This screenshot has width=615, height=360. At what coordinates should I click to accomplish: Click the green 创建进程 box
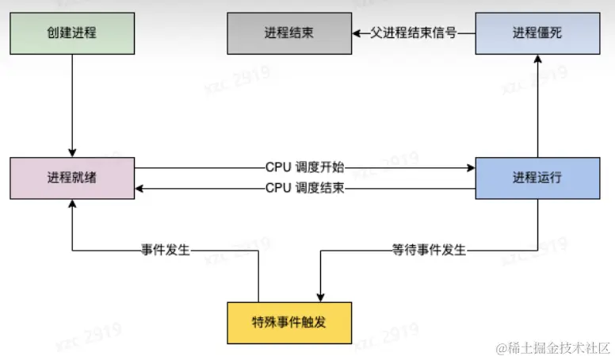click(x=72, y=33)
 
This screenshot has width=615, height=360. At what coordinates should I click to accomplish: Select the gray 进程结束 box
click(x=288, y=33)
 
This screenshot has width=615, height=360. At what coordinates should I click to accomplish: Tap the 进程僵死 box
click(x=537, y=33)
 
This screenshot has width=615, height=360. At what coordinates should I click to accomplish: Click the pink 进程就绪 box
click(x=72, y=178)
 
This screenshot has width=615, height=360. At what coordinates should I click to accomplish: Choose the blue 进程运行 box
click(x=537, y=178)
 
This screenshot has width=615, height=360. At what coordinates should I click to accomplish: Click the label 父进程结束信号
click(x=412, y=33)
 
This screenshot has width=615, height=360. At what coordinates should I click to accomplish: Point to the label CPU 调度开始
click(x=304, y=167)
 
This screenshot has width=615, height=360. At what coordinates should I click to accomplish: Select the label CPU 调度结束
click(x=304, y=190)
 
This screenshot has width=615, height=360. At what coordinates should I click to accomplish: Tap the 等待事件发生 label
click(x=429, y=251)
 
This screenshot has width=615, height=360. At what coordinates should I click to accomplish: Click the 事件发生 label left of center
click(x=166, y=251)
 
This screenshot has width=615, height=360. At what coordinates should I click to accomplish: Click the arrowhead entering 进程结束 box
click(x=357, y=33)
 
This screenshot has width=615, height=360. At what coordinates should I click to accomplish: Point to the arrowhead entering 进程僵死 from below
click(x=537, y=60)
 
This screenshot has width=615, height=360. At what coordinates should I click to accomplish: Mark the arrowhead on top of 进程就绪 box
click(x=72, y=152)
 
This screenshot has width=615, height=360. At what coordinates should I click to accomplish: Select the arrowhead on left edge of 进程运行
click(x=470, y=167)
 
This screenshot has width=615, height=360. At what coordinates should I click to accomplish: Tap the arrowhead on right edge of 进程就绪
click(x=140, y=190)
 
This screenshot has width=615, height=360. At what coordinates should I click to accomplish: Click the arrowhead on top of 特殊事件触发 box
click(x=319, y=297)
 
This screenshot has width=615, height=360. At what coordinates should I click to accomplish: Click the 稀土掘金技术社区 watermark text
click(x=552, y=347)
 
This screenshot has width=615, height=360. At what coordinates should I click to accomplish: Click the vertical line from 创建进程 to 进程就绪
click(x=72, y=103)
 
